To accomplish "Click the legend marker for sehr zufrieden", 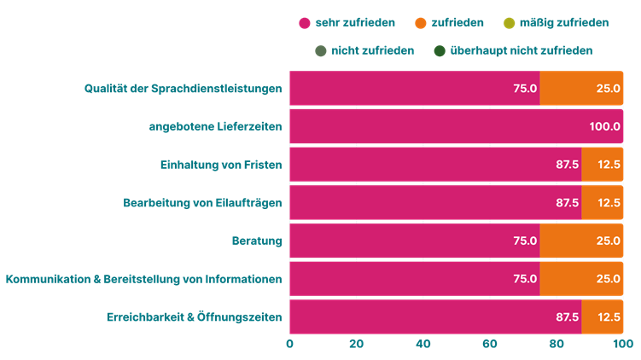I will pyautogui.click(x=304, y=23).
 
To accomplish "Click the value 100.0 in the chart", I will pyautogui.click(x=604, y=126).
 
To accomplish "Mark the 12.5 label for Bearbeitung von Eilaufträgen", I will pyautogui.click(x=609, y=203).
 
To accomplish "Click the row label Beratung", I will pyautogui.click(x=257, y=241).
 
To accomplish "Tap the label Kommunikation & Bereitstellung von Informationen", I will pyautogui.click(x=143, y=279).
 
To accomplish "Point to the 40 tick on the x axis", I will pyautogui.click(x=423, y=344).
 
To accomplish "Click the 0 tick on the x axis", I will pyautogui.click(x=290, y=344).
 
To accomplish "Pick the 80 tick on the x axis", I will pyautogui.click(x=557, y=344).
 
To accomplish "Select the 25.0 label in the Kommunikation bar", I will pyautogui.click(x=609, y=279).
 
